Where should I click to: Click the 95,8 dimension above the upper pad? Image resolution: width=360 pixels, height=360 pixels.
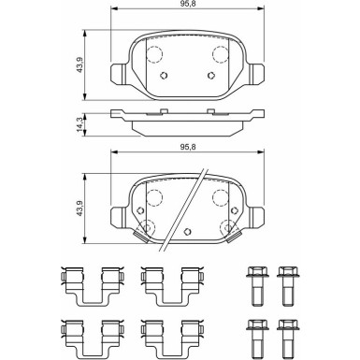[x=189, y=7]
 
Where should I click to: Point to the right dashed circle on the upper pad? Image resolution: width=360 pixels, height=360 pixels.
[x=221, y=52]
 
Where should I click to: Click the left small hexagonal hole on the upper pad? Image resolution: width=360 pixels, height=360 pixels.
[x=164, y=76]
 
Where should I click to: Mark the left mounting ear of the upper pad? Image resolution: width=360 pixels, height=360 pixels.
[x=119, y=74]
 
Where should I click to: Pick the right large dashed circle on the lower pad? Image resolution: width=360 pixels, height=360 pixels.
[x=221, y=196]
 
